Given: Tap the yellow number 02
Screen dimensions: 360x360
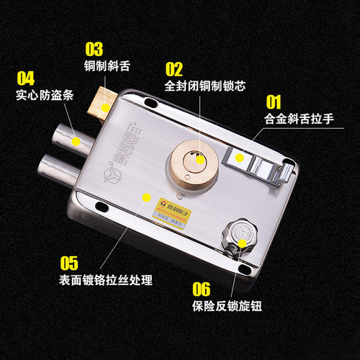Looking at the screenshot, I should tap(175, 68).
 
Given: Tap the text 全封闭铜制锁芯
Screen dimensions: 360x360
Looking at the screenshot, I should tap(205, 86).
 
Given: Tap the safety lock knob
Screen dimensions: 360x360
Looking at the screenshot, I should tap(239, 237).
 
